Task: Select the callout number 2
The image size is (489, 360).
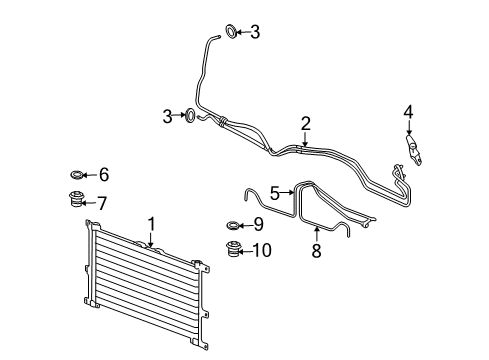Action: (306, 124)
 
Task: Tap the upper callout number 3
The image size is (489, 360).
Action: (255, 33)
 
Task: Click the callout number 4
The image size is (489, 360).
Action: (407, 111)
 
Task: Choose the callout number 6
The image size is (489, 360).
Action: (104, 173)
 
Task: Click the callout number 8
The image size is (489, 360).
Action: (317, 252)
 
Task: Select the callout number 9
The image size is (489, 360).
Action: (257, 224)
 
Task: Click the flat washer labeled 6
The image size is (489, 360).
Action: (76, 173)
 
